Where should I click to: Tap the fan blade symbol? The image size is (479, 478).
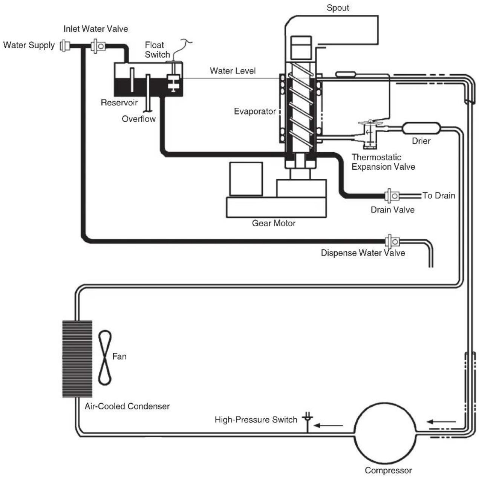click(x=105, y=357)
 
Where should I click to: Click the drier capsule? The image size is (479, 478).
click(x=421, y=129)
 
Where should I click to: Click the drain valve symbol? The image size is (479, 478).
click(x=392, y=196)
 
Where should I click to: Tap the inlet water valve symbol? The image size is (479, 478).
click(x=98, y=46)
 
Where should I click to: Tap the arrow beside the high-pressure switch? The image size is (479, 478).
click(x=328, y=426)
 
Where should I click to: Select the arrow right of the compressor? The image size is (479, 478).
click(x=441, y=422)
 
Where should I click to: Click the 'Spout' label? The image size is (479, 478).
click(x=338, y=8)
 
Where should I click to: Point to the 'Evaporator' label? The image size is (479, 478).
click(x=255, y=112)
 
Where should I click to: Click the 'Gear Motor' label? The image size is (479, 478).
click(x=274, y=223)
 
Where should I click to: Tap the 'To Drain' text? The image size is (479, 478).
click(x=439, y=196)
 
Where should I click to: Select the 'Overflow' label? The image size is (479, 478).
click(x=138, y=119)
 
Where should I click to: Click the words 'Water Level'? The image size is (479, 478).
click(x=233, y=71)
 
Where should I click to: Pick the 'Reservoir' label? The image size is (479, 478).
click(x=119, y=103)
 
